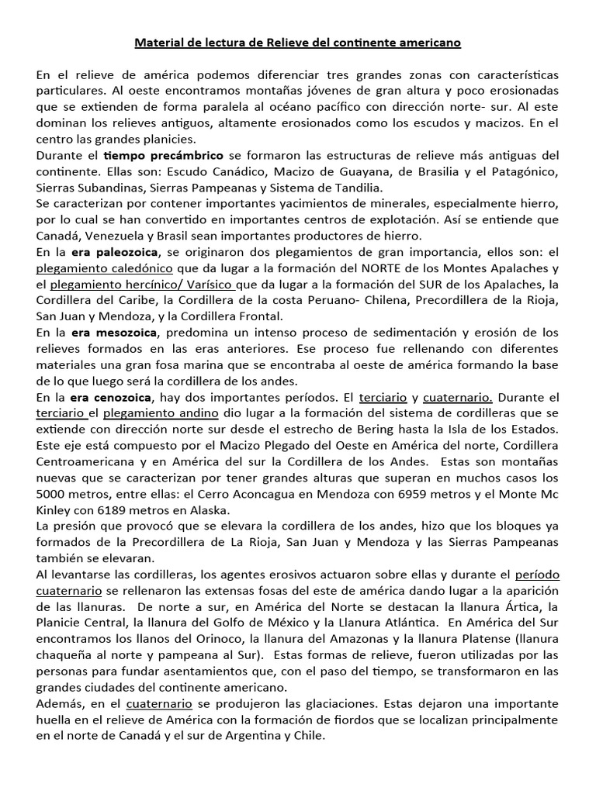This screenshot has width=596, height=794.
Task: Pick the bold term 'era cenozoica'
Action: pos(111,397)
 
